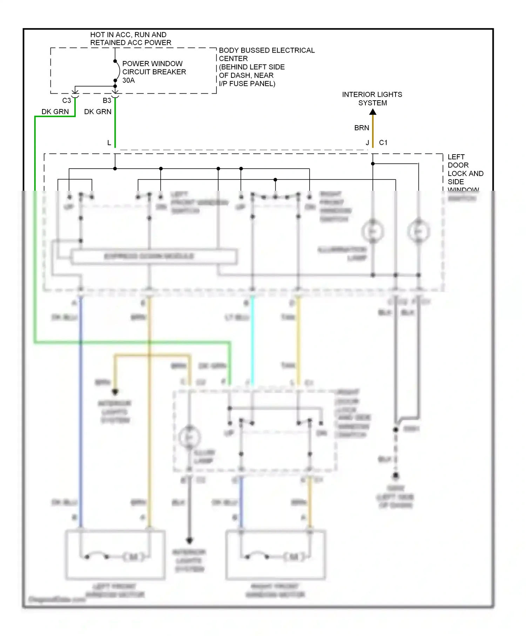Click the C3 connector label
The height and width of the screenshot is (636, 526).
point(67,101)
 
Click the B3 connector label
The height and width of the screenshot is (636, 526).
point(107,101)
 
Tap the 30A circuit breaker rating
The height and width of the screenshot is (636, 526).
point(128,80)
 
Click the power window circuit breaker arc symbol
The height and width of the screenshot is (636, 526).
point(118,71)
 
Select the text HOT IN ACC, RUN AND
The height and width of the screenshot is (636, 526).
point(128,35)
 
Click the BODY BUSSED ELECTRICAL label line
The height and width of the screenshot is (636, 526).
point(267,50)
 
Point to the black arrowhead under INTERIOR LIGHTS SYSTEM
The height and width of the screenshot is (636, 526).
point(373,112)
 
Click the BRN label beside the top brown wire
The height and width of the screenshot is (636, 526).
point(362,128)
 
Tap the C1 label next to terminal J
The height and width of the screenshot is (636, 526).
point(383,143)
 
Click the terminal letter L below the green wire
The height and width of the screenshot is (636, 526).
point(109,143)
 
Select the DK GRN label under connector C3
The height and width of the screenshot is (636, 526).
point(55,112)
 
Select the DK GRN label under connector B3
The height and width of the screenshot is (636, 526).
point(98,112)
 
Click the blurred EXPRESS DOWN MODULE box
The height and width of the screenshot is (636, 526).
point(154,256)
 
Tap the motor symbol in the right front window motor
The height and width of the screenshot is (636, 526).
point(294,556)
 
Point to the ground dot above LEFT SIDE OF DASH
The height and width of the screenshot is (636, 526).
point(396,476)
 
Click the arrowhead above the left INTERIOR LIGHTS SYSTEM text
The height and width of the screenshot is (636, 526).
point(115,392)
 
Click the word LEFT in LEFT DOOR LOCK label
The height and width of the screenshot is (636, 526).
point(456,157)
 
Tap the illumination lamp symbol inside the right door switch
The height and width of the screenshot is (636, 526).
point(189,437)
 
